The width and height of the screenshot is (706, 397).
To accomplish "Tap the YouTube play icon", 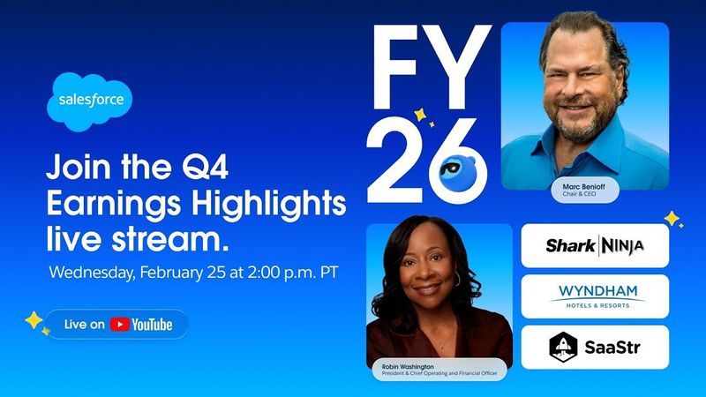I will point(119,325).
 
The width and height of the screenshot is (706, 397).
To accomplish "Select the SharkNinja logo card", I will point(594,245).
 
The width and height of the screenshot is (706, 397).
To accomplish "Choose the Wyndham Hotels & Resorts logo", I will point(594,296).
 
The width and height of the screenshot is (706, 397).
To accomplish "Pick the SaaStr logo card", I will point(594,346).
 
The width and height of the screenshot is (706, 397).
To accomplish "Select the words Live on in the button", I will point(85,325).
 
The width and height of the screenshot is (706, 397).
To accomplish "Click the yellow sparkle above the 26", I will point(421,113).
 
